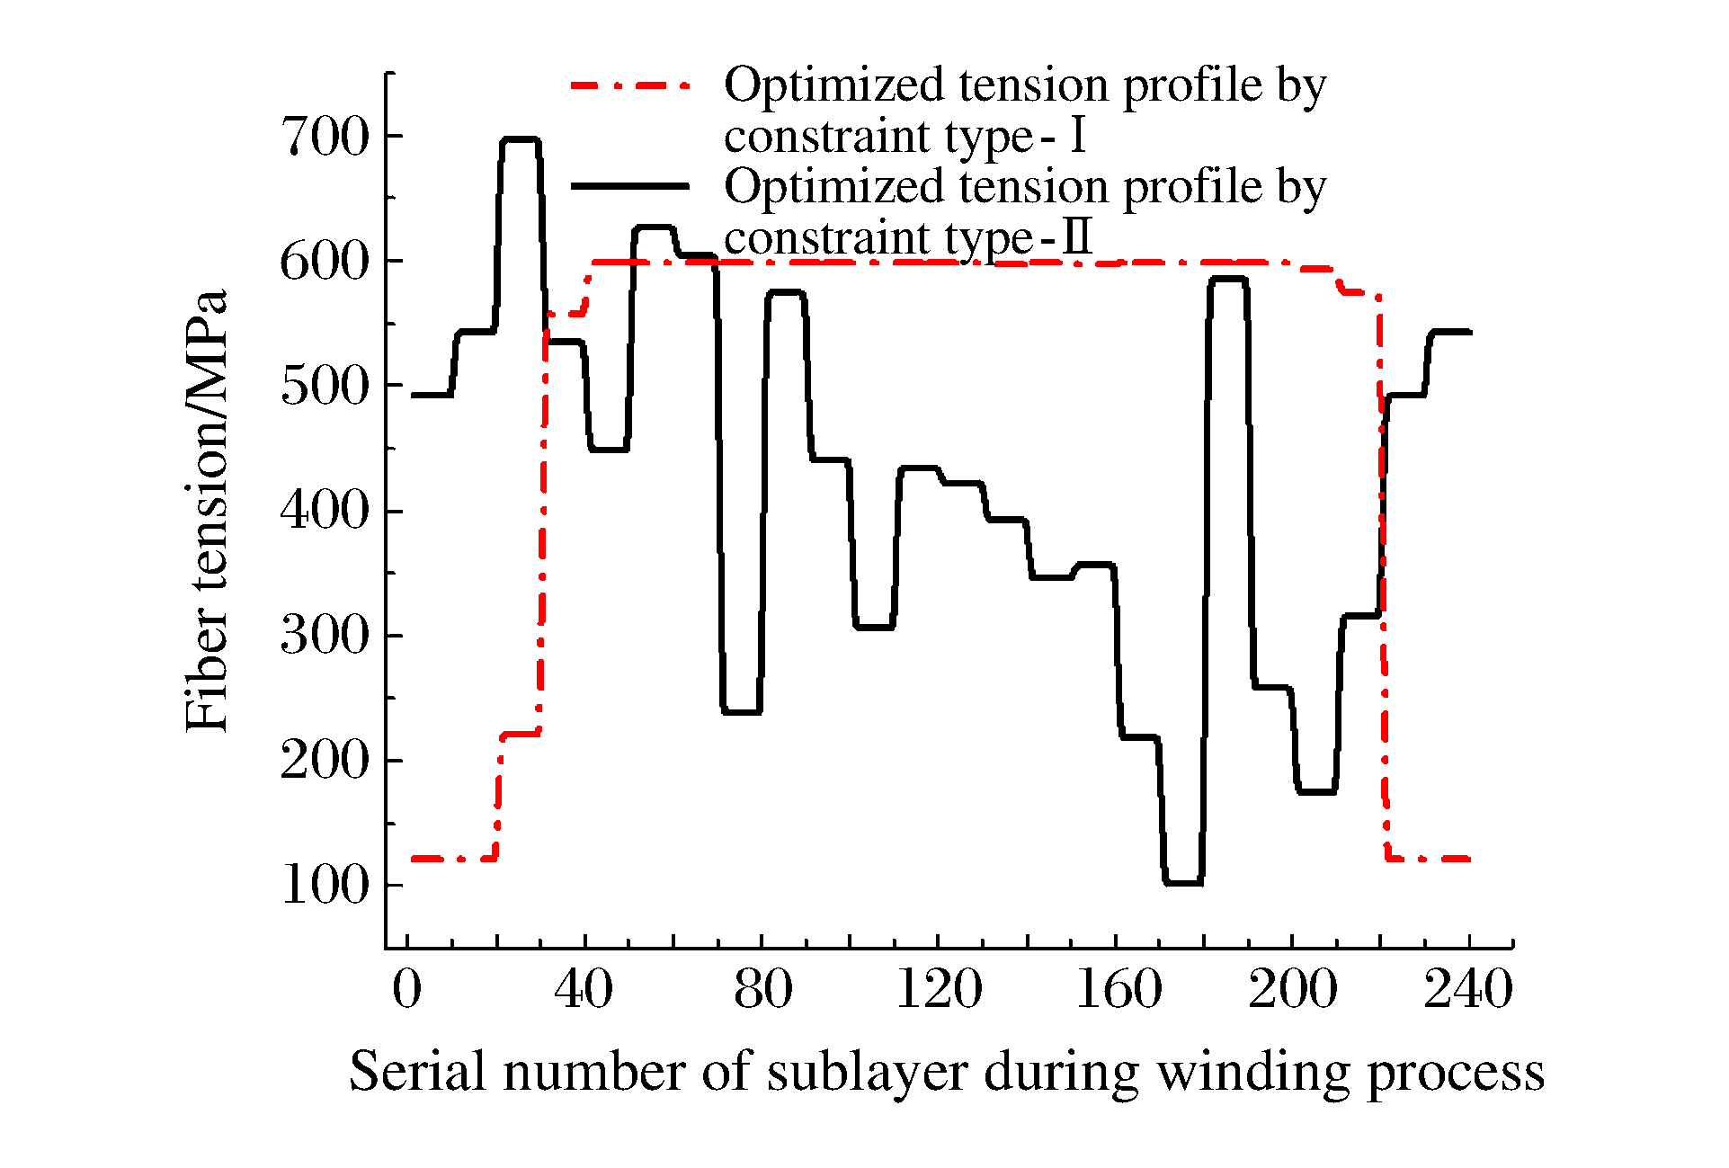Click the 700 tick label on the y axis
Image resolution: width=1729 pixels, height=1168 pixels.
point(325,138)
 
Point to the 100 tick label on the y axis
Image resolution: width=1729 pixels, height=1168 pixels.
point(325,887)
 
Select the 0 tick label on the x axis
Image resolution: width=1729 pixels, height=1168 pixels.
point(407,990)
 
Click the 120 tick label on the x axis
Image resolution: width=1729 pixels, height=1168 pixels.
point(939,990)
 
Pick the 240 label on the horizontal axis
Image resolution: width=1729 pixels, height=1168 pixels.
point(1468,990)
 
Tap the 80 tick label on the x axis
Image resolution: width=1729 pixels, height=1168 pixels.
point(762,990)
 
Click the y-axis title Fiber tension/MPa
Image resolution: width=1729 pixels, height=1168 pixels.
point(207,511)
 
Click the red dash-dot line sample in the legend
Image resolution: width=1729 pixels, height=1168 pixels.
point(630,85)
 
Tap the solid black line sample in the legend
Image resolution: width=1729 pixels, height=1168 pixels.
point(630,186)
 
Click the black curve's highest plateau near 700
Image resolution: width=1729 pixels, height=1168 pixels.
point(521,139)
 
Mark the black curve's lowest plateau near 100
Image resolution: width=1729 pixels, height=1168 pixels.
point(1183,883)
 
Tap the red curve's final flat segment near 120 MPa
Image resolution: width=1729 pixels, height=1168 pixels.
point(1430,860)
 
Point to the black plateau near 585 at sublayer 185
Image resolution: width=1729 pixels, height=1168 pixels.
point(1228,279)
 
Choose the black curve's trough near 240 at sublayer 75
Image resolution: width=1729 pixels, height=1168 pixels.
point(742,712)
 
